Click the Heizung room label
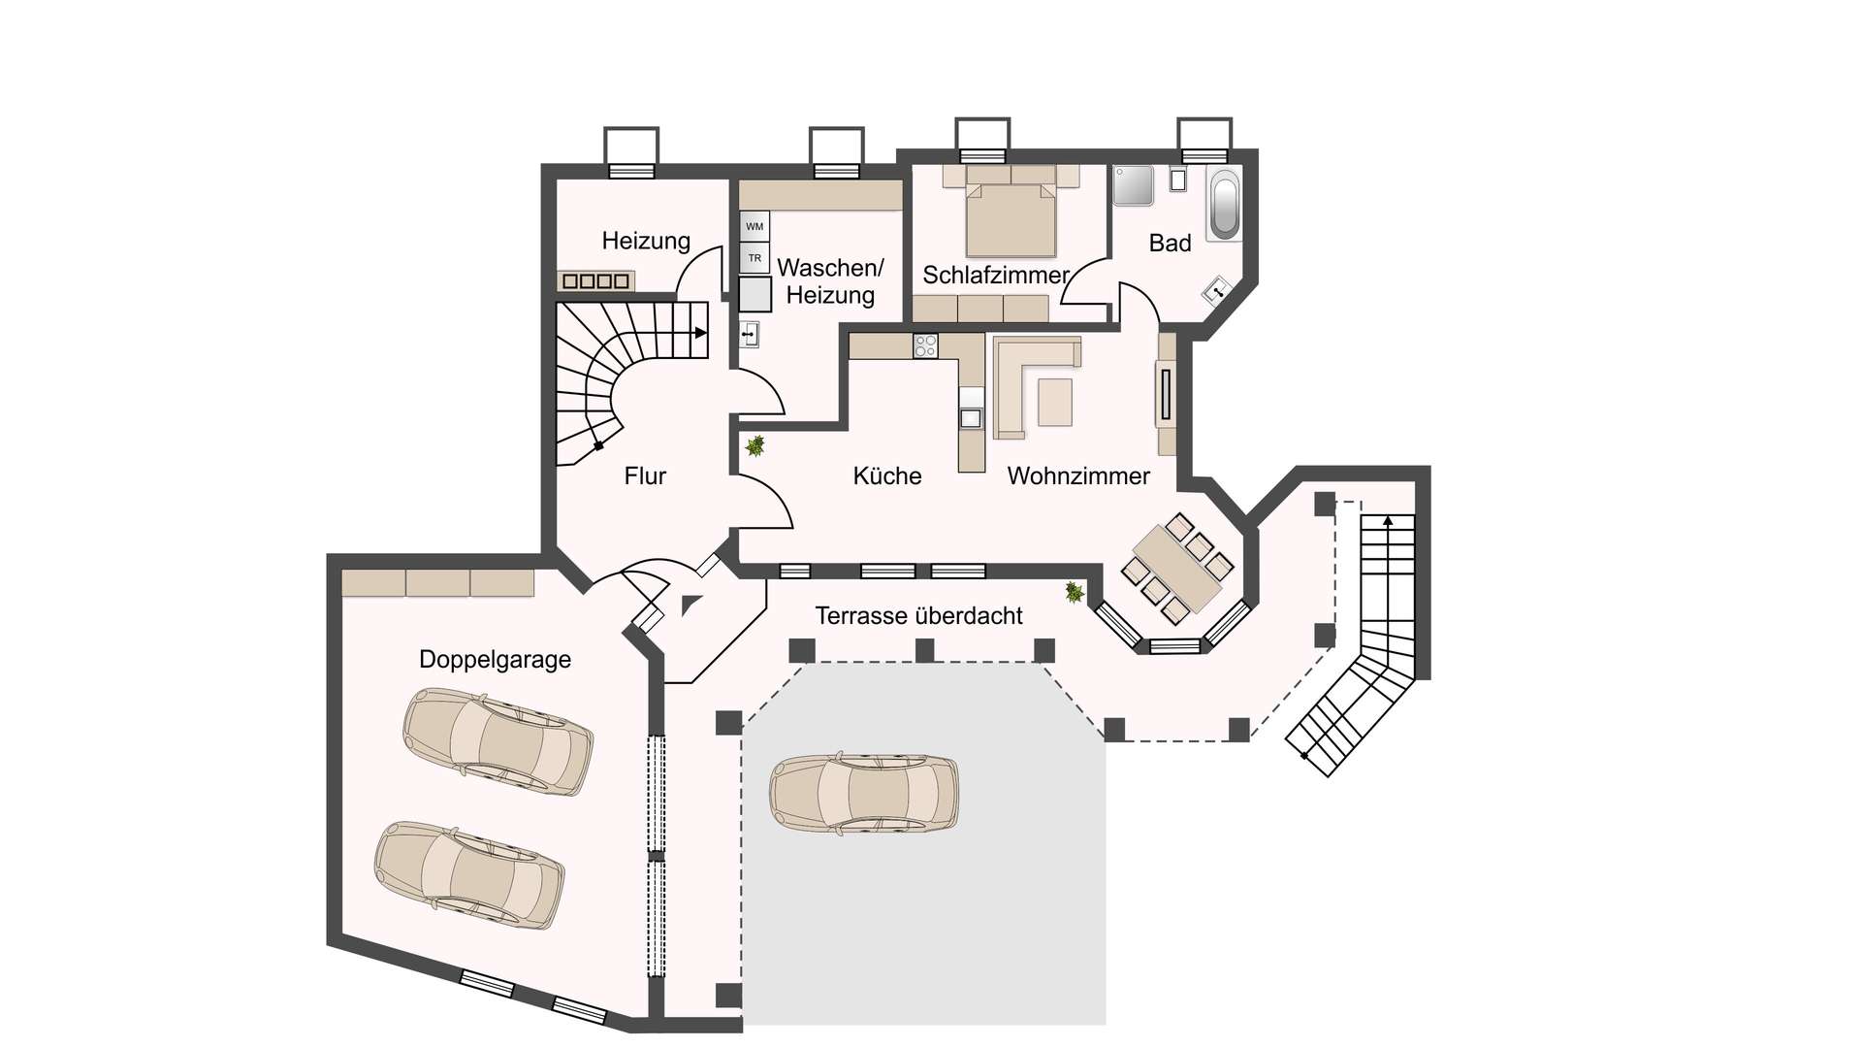tap(646, 241)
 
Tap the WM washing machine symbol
tap(754, 226)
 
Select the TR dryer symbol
tap(754, 258)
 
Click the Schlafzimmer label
tap(995, 275)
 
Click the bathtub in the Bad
tap(1225, 204)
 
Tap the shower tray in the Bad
tap(1133, 185)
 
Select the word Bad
tap(1170, 244)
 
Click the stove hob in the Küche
tap(925, 345)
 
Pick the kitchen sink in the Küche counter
tap(971, 418)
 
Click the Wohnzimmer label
tap(1078, 475)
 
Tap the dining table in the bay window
tap(1176, 569)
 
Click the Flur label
tap(645, 475)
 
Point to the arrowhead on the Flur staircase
tap(700, 333)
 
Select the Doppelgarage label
tap(495, 660)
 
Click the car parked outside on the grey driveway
tap(865, 792)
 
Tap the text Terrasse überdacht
tap(918, 615)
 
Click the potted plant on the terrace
tap(1075, 591)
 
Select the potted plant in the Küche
tap(754, 446)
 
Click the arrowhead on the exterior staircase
tap(1388, 521)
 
